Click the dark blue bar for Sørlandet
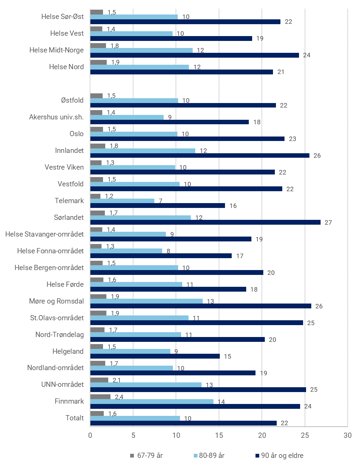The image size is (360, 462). pos(205,222)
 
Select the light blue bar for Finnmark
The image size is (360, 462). pos(152,402)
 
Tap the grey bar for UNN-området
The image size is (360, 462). pos(99,380)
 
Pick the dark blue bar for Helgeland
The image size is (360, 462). pos(155,356)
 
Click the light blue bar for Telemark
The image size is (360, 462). pos(122,201)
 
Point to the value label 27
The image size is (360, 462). pos(328,222)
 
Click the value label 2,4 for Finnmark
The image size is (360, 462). pos(119,397)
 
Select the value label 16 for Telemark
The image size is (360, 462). pos(233,206)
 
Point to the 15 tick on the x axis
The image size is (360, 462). pos(219,436)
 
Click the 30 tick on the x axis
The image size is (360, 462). pos(347,436)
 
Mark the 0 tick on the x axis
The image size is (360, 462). pos(90,436)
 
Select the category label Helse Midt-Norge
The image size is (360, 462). pos(57,50)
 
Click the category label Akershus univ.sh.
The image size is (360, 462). pos(56,117)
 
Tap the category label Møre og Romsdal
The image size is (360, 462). pos(57,301)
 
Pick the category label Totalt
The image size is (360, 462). pos(75,418)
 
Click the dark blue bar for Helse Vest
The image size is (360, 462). pos(171,38)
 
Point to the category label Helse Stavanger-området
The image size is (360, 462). pos(45,234)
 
